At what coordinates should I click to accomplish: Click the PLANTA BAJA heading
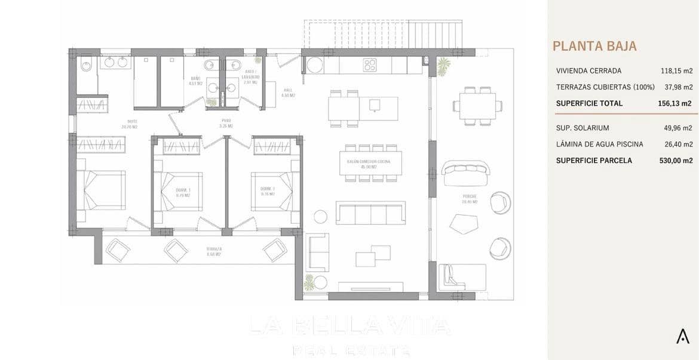tap(594, 46)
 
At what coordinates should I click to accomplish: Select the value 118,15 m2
tap(676, 70)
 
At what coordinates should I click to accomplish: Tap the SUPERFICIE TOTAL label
tap(588, 103)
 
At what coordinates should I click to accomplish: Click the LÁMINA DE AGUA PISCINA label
tap(599, 144)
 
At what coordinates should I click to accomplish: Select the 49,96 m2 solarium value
tap(678, 128)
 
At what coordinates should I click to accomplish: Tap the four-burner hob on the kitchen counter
tap(370, 64)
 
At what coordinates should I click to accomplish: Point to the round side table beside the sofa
tap(321, 216)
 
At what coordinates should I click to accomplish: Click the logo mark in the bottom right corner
tap(682, 336)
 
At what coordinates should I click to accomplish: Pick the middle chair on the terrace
tap(177, 250)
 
